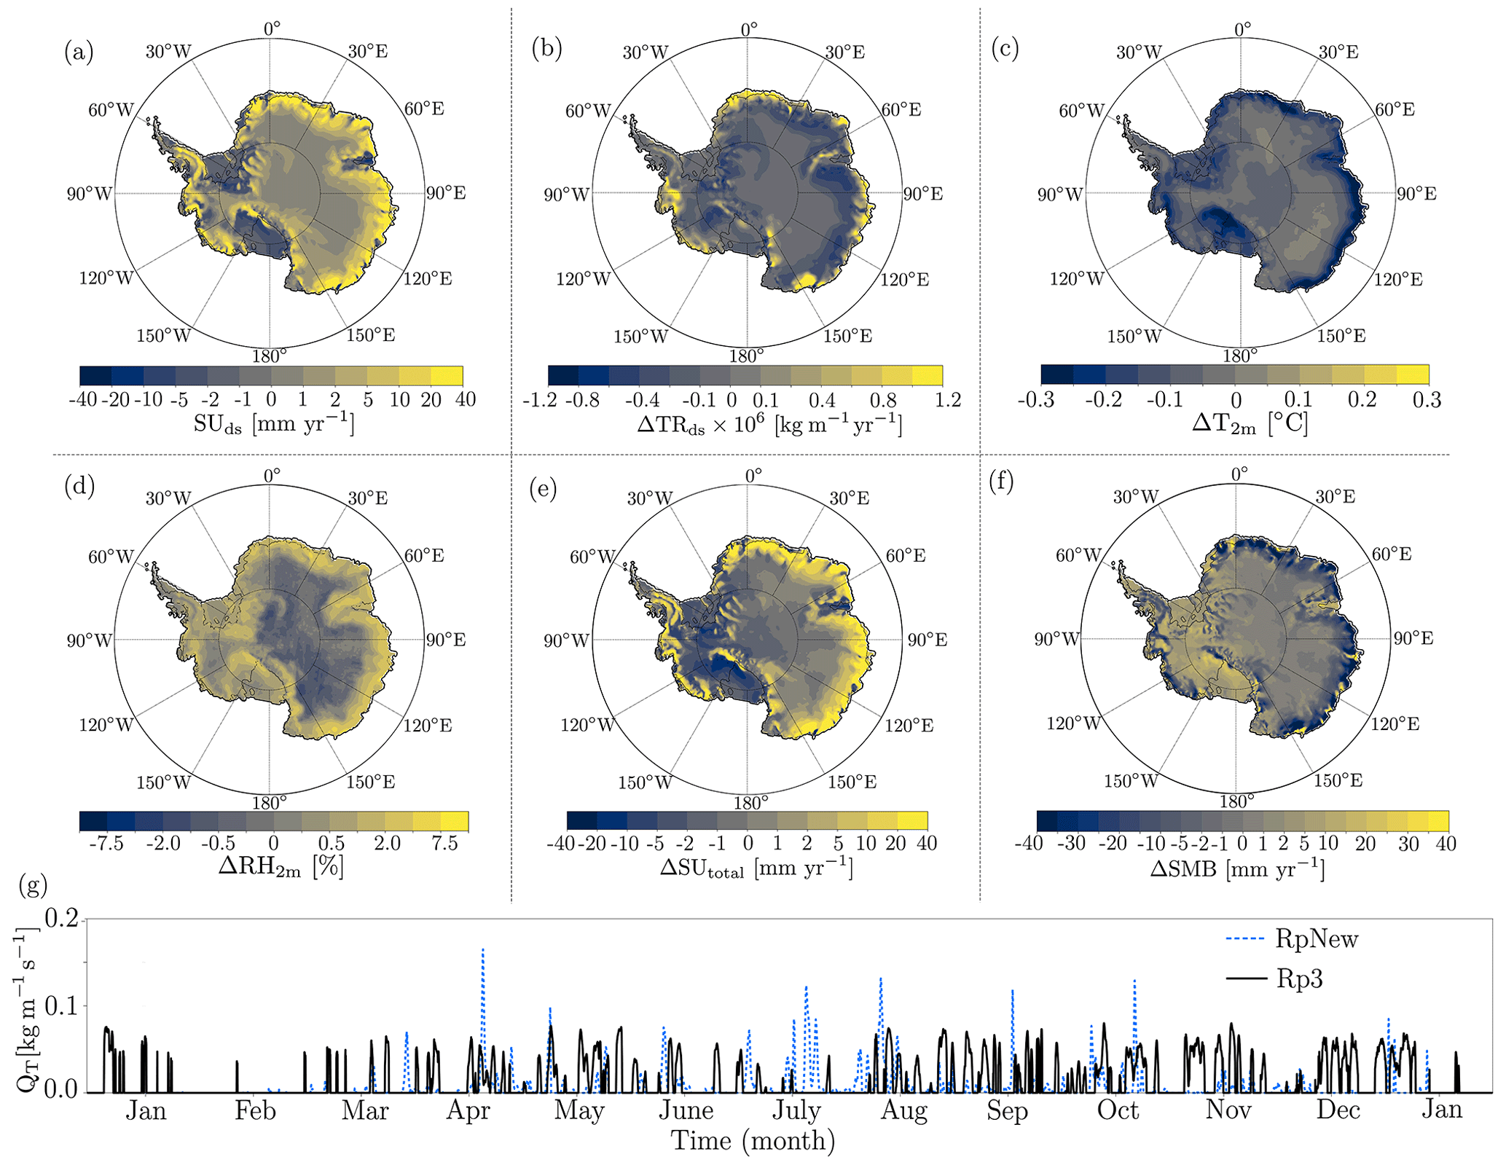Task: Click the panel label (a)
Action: (79, 52)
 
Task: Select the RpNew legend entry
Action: (1293, 939)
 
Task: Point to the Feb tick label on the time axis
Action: (255, 1110)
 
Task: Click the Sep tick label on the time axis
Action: (1007, 1110)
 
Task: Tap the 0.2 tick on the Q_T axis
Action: (61, 919)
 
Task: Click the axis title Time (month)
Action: (753, 1140)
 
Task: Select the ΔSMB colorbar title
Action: (1237, 868)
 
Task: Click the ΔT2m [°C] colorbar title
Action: (1249, 423)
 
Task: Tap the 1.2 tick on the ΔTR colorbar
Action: (948, 400)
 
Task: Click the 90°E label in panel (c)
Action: (1416, 194)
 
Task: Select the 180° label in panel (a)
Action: (270, 356)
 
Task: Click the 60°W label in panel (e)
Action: (590, 557)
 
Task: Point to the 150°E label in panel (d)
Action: (371, 782)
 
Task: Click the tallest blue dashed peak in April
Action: (482, 950)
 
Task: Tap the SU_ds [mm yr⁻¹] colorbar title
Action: (273, 424)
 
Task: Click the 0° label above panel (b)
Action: (749, 30)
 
